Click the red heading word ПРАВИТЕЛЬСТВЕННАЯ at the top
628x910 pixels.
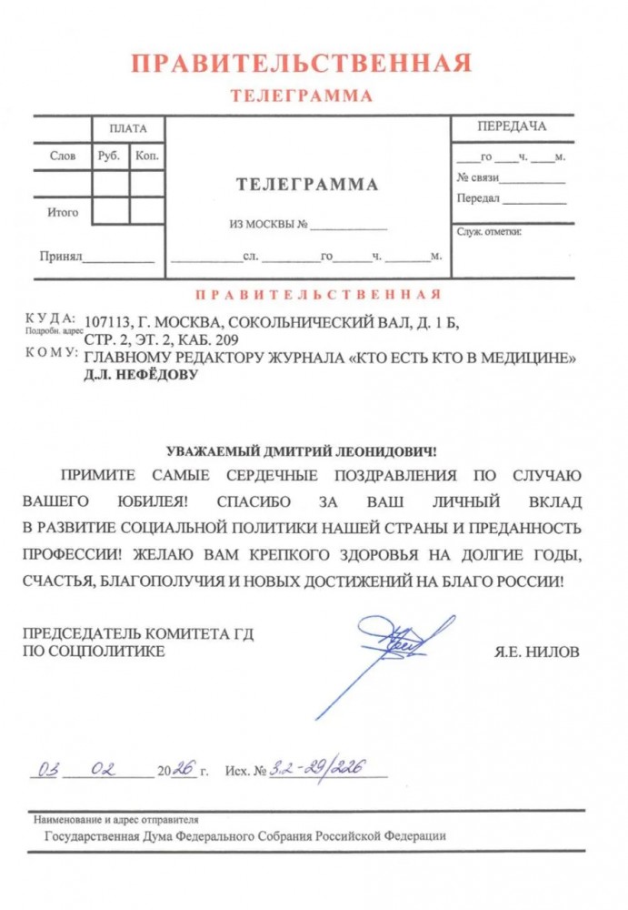tap(301, 64)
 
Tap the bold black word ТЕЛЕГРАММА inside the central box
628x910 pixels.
tap(307, 185)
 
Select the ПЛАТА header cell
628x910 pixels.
tap(128, 128)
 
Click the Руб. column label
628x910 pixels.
tap(109, 156)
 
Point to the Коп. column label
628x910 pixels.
tap(146, 156)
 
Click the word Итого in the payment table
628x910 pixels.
tap(63, 213)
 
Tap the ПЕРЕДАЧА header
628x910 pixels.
tap(512, 126)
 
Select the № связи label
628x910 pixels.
tap(478, 177)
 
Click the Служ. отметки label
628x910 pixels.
tap(489, 232)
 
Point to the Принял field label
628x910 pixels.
tap(61, 257)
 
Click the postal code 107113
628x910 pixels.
tap(105, 321)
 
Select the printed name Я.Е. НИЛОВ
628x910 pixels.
tap(536, 652)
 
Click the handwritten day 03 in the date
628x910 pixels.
tap(44, 769)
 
